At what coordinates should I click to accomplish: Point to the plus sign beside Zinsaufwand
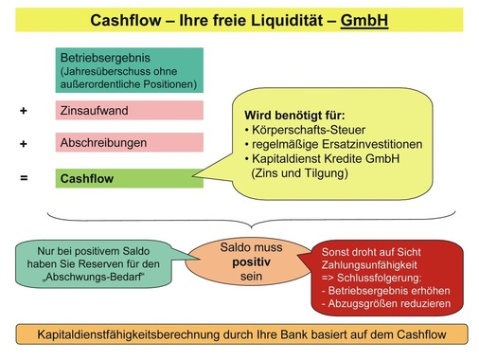pos(24,111)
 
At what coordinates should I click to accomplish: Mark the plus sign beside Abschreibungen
pos(24,143)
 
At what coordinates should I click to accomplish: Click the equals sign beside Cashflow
pos(24,177)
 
